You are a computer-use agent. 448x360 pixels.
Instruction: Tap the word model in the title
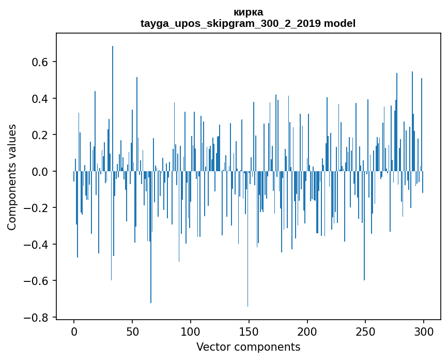(x=340, y=23)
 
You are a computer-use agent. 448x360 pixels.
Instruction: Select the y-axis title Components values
(x=12, y=177)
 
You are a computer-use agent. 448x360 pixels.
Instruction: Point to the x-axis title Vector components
(x=248, y=347)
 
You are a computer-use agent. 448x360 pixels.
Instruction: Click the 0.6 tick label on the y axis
(x=40, y=62)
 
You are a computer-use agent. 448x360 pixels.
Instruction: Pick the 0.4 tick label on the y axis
(x=40, y=98)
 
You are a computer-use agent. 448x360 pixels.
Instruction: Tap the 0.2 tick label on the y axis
(x=40, y=135)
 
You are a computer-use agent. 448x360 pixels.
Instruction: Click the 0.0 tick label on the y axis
(x=40, y=171)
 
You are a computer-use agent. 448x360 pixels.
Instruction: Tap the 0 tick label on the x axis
(x=74, y=332)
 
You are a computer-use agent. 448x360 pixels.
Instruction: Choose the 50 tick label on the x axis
(x=132, y=332)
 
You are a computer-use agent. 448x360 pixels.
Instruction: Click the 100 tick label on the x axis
(x=191, y=332)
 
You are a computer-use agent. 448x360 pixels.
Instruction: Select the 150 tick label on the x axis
(x=249, y=332)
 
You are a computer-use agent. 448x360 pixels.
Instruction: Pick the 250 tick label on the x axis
(x=366, y=332)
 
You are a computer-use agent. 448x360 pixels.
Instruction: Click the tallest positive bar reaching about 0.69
(x=113, y=103)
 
